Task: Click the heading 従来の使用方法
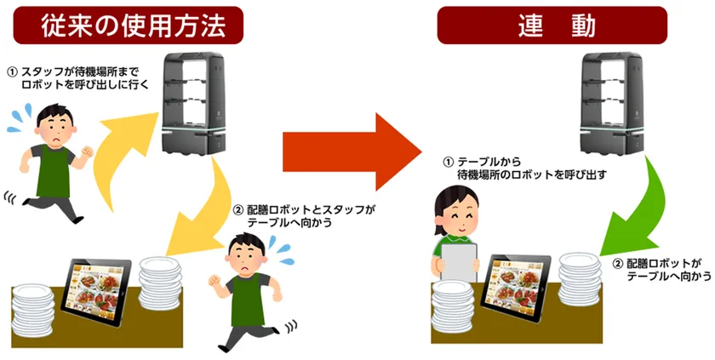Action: tap(129, 26)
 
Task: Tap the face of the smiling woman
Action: tap(459, 214)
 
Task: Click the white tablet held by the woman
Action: tap(459, 262)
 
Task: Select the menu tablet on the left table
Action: tap(96, 292)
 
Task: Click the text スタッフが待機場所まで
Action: tap(80, 72)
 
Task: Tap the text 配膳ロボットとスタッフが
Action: tap(311, 209)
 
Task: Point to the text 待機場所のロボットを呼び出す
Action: tap(532, 174)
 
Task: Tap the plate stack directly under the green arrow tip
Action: tap(579, 279)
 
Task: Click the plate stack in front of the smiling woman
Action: tap(453, 306)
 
